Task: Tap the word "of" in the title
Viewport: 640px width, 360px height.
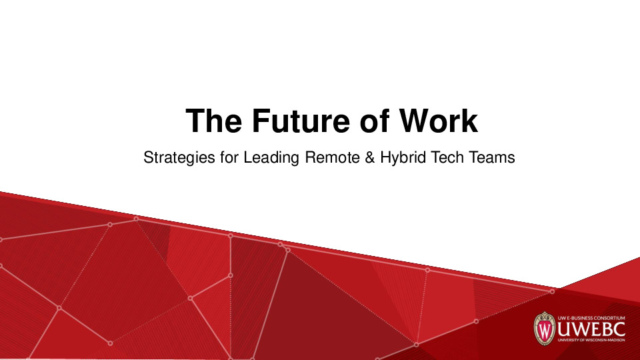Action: click(x=377, y=121)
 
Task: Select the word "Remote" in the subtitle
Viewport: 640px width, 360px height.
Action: click(x=328, y=159)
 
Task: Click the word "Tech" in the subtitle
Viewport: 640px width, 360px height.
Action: click(x=447, y=159)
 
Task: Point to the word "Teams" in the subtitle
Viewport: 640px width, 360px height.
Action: click(x=493, y=159)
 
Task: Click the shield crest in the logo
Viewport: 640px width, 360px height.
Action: click(x=545, y=328)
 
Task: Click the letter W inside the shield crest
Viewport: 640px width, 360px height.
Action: click(x=545, y=331)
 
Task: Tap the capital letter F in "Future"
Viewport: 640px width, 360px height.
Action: click(x=261, y=121)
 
